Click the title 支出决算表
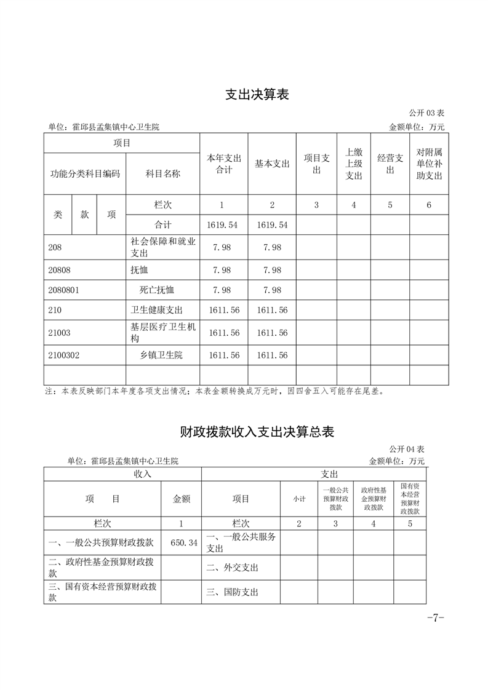coord(257,95)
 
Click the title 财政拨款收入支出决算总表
coord(257,432)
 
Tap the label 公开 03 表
coord(426,113)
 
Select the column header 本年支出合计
coord(224,164)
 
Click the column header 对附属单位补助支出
coord(429,164)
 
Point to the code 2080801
coord(63,290)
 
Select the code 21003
coord(59,333)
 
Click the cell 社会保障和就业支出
coord(162,247)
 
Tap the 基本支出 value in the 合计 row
coord(272,225)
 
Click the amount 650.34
coord(184,542)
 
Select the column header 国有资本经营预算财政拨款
coord(410,499)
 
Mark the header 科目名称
coord(162,173)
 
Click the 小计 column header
coord(299,499)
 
